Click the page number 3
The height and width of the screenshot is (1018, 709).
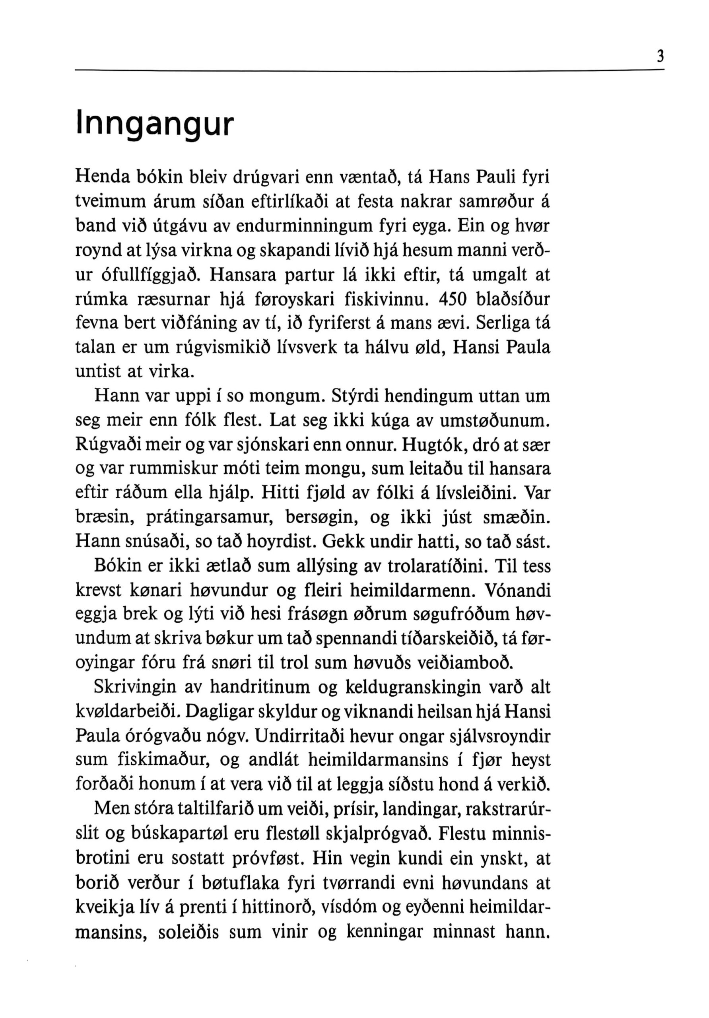click(x=660, y=57)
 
